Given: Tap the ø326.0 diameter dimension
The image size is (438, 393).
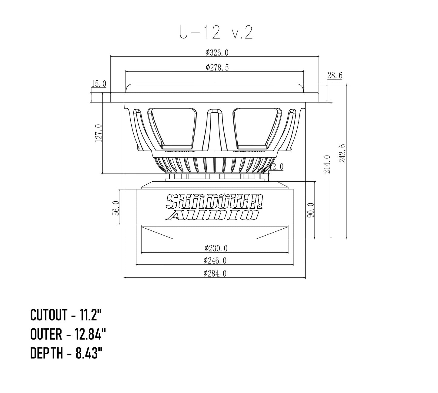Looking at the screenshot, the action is tap(217, 52).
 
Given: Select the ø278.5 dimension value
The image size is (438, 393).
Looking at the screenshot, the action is tap(217, 68).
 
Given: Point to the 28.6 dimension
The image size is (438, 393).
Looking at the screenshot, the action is tap(335, 75).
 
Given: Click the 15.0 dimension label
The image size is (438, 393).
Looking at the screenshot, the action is tap(99, 84).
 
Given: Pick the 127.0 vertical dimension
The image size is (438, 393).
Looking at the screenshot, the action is tap(99, 133).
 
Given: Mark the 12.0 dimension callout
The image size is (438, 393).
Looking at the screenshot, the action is tap(276, 167).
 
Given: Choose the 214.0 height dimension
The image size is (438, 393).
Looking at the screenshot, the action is tap(327, 164).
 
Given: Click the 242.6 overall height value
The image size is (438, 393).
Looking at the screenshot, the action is tap(342, 153).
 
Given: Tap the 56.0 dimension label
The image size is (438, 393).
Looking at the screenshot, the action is tap(116, 208).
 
